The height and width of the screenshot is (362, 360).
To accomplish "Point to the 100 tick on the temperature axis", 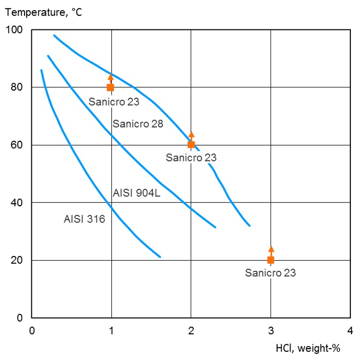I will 18,30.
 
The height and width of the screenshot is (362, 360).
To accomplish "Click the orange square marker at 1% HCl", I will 111,87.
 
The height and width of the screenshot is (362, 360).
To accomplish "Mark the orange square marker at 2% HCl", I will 191,144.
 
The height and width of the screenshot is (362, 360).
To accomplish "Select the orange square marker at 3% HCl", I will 271,260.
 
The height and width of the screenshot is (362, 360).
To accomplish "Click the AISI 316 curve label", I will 84,218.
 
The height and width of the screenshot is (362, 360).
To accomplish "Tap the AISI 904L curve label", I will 137,193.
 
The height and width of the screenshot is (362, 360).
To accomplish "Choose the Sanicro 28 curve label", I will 137,124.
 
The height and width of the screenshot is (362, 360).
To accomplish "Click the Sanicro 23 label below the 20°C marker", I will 270,273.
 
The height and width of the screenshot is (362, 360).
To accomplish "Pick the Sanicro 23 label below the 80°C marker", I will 114,101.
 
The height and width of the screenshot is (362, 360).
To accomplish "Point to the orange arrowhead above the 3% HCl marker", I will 271,249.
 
